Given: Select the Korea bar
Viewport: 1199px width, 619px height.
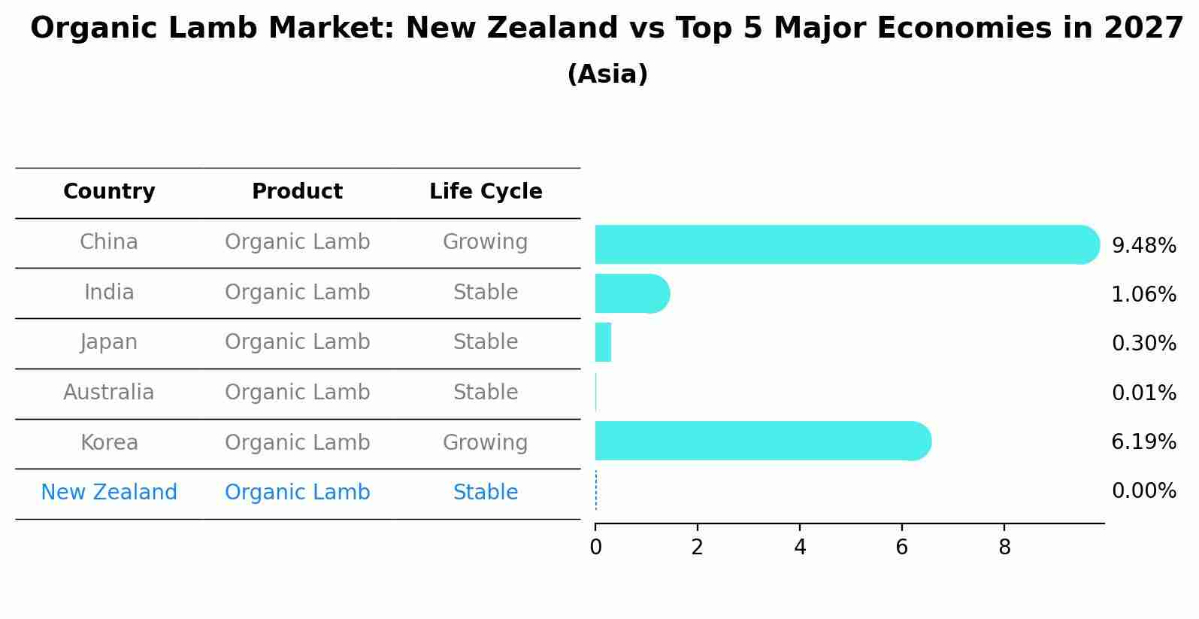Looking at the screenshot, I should pyautogui.click(x=759, y=441).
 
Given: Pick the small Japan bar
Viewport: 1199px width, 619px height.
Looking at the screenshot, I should pyautogui.click(x=603, y=342).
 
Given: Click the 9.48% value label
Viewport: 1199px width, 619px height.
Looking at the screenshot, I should pyautogui.click(x=1143, y=246).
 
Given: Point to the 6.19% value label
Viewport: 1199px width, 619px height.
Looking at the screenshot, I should pyautogui.click(x=1143, y=442).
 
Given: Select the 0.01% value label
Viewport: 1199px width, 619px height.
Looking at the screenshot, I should pyautogui.click(x=1143, y=393).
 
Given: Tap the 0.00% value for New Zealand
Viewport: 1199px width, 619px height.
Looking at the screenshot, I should pyautogui.click(x=1143, y=492).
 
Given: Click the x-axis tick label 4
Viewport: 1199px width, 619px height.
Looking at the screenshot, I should pyautogui.click(x=800, y=548).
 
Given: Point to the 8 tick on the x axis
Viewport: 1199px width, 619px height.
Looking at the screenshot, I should pyautogui.click(x=1004, y=548).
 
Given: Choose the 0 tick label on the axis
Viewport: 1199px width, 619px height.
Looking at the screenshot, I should pyautogui.click(x=595, y=548).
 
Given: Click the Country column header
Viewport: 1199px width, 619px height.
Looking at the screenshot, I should pyautogui.click(x=109, y=192).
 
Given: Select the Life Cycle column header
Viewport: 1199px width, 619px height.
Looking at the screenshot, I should pyautogui.click(x=486, y=192).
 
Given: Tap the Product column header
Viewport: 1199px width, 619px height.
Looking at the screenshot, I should pyautogui.click(x=297, y=192).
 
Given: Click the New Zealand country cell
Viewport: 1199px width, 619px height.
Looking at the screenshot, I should pyautogui.click(x=109, y=493).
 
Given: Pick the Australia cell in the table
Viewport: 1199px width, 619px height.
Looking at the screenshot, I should pyautogui.click(x=109, y=393).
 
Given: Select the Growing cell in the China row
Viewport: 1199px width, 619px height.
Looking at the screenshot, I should pyautogui.click(x=485, y=242).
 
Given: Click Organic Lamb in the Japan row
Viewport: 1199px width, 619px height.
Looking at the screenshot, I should pyautogui.click(x=297, y=342).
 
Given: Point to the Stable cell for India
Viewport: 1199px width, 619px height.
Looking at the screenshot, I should pyautogui.click(x=485, y=293).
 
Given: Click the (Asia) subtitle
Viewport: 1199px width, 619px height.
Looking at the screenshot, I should pyautogui.click(x=607, y=74).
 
